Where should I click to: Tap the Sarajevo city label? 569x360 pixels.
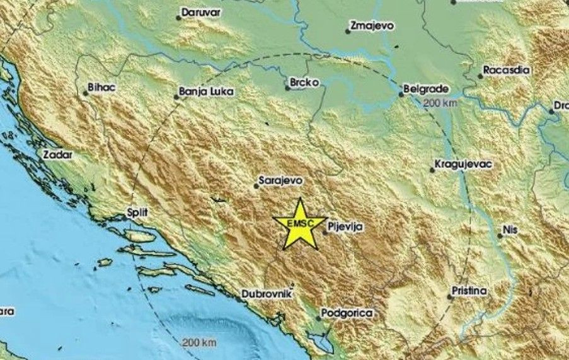click(280, 180)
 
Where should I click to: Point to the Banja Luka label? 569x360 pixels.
click(206, 92)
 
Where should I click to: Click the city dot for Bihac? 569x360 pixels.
click(86, 93)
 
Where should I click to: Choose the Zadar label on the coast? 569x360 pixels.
click(59, 154)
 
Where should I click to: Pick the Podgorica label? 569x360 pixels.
click(347, 313)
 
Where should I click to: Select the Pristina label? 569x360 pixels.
click(469, 291)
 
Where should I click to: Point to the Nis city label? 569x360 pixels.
click(510, 230)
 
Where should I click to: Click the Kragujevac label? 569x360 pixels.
click(464, 165)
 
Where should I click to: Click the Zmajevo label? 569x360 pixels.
click(373, 26)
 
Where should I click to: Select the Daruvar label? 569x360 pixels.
click(202, 12)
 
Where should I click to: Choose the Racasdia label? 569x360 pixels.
click(506, 70)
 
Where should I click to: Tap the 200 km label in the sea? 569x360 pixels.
click(198, 342)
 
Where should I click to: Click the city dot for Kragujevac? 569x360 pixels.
click(432, 169)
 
